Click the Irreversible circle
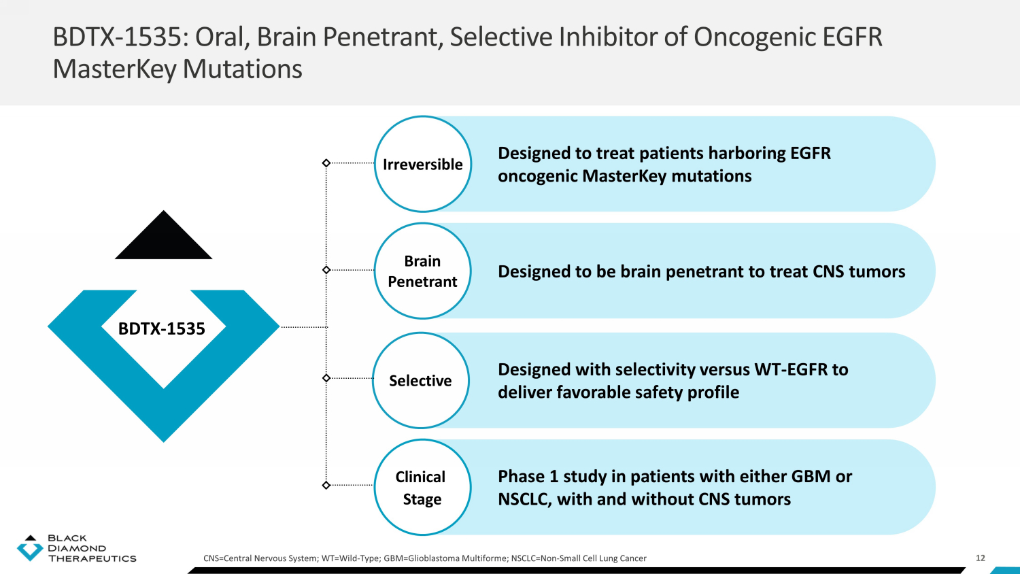(x=422, y=164)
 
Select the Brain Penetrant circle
(x=422, y=271)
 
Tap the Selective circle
(x=420, y=380)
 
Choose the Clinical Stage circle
(x=422, y=487)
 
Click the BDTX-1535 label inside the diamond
(x=162, y=328)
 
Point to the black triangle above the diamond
(x=163, y=239)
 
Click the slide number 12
(x=980, y=558)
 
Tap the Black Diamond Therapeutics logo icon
(x=29, y=547)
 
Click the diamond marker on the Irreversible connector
(x=326, y=163)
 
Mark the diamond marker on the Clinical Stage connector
(x=326, y=485)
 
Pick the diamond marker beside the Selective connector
(x=326, y=378)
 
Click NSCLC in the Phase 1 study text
(x=524, y=499)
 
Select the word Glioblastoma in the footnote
(x=434, y=558)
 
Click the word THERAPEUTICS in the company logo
(x=92, y=558)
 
